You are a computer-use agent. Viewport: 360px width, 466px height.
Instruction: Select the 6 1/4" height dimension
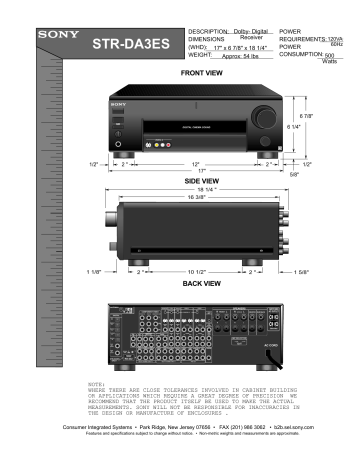pos(294,127)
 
